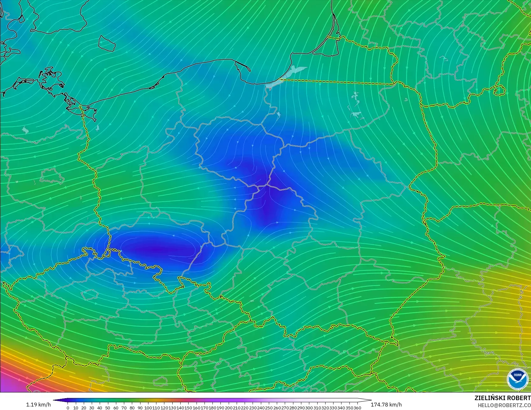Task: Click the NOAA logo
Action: click(517, 379)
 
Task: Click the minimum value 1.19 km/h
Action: click(38, 405)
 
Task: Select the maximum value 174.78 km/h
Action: click(386, 405)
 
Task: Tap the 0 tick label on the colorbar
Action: click(68, 408)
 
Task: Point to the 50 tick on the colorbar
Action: click(108, 408)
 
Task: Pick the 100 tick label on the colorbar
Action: click(148, 408)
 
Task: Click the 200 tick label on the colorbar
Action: click(228, 408)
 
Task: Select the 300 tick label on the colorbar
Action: click(309, 408)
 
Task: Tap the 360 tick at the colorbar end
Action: click(357, 408)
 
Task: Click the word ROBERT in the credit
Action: click(519, 398)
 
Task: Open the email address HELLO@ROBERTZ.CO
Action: click(502, 405)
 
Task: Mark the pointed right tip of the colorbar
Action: click(371, 400)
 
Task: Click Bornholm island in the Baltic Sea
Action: click(106, 43)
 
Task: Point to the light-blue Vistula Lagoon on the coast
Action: click(295, 72)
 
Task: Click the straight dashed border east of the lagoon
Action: click(338, 82)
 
